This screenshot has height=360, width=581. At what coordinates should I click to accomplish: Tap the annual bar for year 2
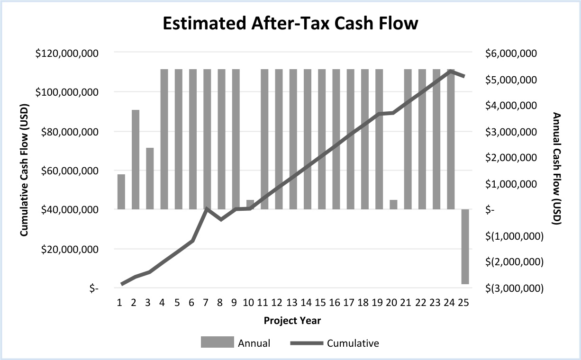pyautogui.click(x=136, y=159)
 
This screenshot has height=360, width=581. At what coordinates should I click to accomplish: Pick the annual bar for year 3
pyautogui.click(x=150, y=178)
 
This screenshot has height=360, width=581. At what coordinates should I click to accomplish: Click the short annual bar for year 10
pyautogui.click(x=250, y=205)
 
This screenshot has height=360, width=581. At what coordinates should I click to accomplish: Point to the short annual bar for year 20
pyautogui.click(x=393, y=205)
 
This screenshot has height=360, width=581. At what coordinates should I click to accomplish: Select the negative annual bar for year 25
pyautogui.click(x=465, y=246)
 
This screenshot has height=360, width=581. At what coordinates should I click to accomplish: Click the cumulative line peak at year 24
pyautogui.click(x=451, y=71)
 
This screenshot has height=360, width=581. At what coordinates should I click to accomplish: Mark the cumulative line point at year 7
pyautogui.click(x=207, y=208)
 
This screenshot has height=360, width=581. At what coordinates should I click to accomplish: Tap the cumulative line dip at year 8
pyautogui.click(x=221, y=220)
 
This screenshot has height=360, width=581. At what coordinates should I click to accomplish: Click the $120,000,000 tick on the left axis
pyautogui.click(x=67, y=53)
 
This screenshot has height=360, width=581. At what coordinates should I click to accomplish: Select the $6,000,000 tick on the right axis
pyautogui.click(x=511, y=53)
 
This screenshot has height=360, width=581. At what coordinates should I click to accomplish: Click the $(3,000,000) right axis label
pyautogui.click(x=515, y=288)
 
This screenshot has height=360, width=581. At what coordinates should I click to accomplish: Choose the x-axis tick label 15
pyautogui.click(x=321, y=303)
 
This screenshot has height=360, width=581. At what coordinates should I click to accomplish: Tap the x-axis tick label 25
pyautogui.click(x=464, y=303)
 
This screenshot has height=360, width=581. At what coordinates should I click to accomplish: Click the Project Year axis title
pyautogui.click(x=292, y=321)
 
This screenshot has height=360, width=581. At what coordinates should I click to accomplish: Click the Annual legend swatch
pyautogui.click(x=218, y=342)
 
